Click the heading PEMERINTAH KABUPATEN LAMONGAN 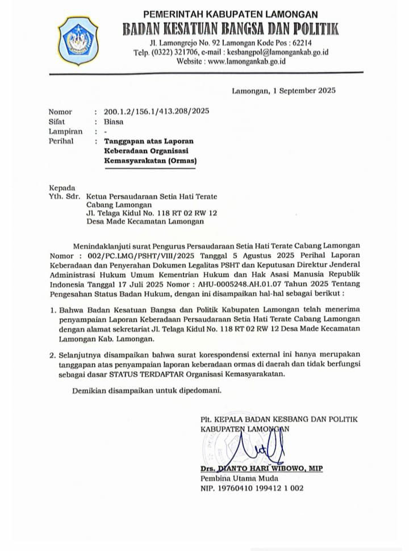click(230, 14)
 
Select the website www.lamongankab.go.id click(247, 61)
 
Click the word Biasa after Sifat click(113, 121)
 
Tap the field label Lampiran click(65, 132)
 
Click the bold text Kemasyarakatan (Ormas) click(150, 161)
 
